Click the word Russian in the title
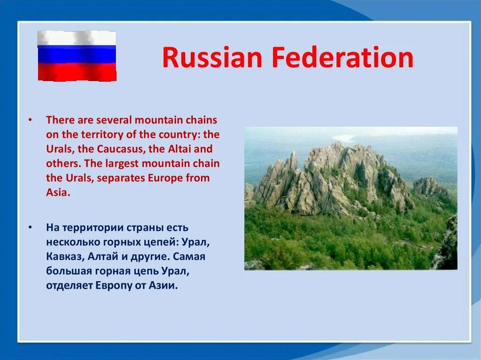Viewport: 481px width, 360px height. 212,57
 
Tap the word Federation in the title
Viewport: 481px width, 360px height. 342,57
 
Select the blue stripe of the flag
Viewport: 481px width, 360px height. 77,54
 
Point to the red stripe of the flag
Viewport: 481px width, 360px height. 77,72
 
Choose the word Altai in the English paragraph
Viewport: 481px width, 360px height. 179,149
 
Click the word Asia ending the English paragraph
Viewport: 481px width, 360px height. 58,192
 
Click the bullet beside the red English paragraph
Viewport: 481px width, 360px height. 30,120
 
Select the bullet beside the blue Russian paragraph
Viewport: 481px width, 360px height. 30,228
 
